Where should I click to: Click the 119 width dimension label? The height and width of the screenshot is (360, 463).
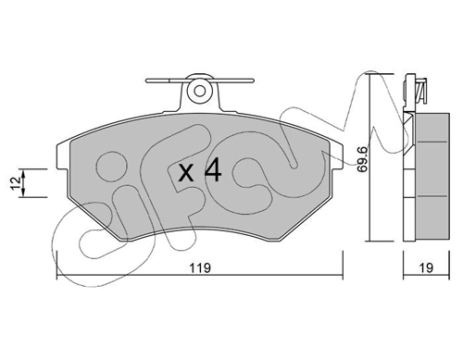click(x=200, y=267)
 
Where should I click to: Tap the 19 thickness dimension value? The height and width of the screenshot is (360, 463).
click(x=426, y=267)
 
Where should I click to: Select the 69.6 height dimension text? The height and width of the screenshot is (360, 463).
click(x=363, y=159)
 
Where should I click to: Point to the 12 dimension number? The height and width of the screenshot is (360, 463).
click(x=16, y=183)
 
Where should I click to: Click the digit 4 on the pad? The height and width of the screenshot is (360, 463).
click(x=213, y=169)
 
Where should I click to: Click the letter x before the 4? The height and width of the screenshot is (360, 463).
click(x=186, y=173)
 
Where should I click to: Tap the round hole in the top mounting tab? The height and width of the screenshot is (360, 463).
click(x=200, y=91)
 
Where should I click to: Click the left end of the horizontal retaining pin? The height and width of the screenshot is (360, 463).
click(x=147, y=81)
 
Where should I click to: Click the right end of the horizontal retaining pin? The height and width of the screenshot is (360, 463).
click(x=253, y=81)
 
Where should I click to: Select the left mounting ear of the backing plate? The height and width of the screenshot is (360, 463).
click(x=63, y=156)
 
